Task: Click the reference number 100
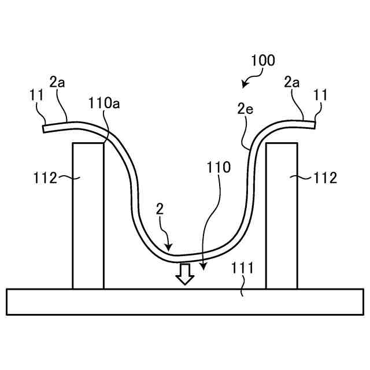pos(263,60)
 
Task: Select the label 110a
pos(104,103)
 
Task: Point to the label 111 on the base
pos(241,268)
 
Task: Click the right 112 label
pos(324,178)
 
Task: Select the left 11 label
pos(37,94)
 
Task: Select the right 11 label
pos(321,94)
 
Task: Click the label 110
pos(219,168)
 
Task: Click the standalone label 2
pos(160,209)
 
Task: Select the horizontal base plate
pos(185,301)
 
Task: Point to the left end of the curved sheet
pos(45,129)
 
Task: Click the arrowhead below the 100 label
pos(244,85)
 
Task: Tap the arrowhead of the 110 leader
pos(203,268)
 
